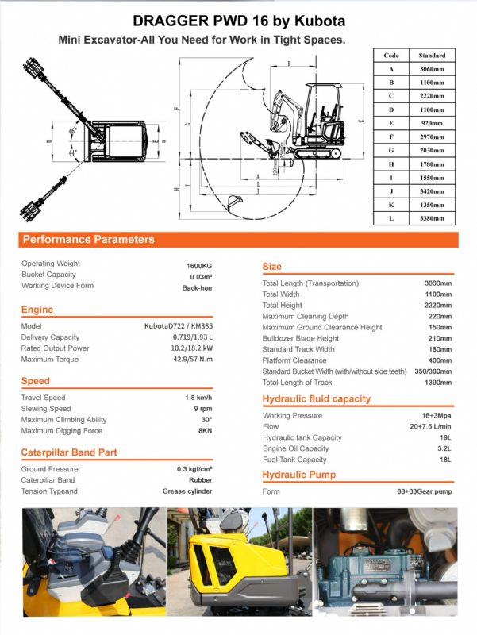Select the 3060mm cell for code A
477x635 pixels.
[432, 69]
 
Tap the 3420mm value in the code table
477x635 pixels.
[432, 190]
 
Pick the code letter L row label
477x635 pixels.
[391, 217]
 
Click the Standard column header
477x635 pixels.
[432, 56]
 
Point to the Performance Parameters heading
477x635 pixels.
[88, 239]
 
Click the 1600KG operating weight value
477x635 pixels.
[198, 264]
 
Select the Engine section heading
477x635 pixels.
[37, 310]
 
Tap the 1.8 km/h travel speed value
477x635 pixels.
[198, 398]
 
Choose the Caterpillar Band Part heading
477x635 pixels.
[69, 452]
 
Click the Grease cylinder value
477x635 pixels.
[188, 491]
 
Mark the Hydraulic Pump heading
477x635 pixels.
[299, 475]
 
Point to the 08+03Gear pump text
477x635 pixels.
[424, 491]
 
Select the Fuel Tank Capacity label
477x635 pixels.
[294, 460]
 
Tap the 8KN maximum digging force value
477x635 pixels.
[205, 431]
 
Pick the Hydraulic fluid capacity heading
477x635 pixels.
[317, 398]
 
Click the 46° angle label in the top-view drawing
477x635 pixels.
[72, 130]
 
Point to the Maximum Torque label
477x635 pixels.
[49, 359]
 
